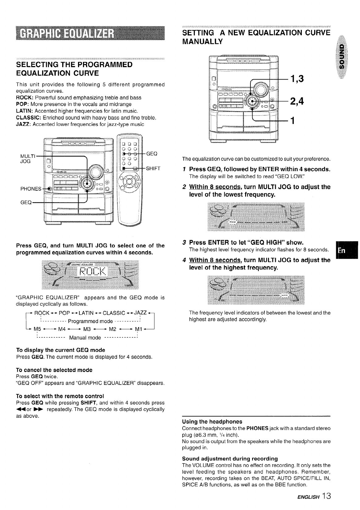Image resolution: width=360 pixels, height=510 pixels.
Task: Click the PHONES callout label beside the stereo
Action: pyautogui.click(x=31, y=189)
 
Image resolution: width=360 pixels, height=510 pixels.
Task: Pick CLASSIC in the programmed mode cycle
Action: pyautogui.click(x=114, y=313)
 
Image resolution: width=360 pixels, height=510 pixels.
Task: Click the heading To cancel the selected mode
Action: pyautogui.click(x=54, y=370)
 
